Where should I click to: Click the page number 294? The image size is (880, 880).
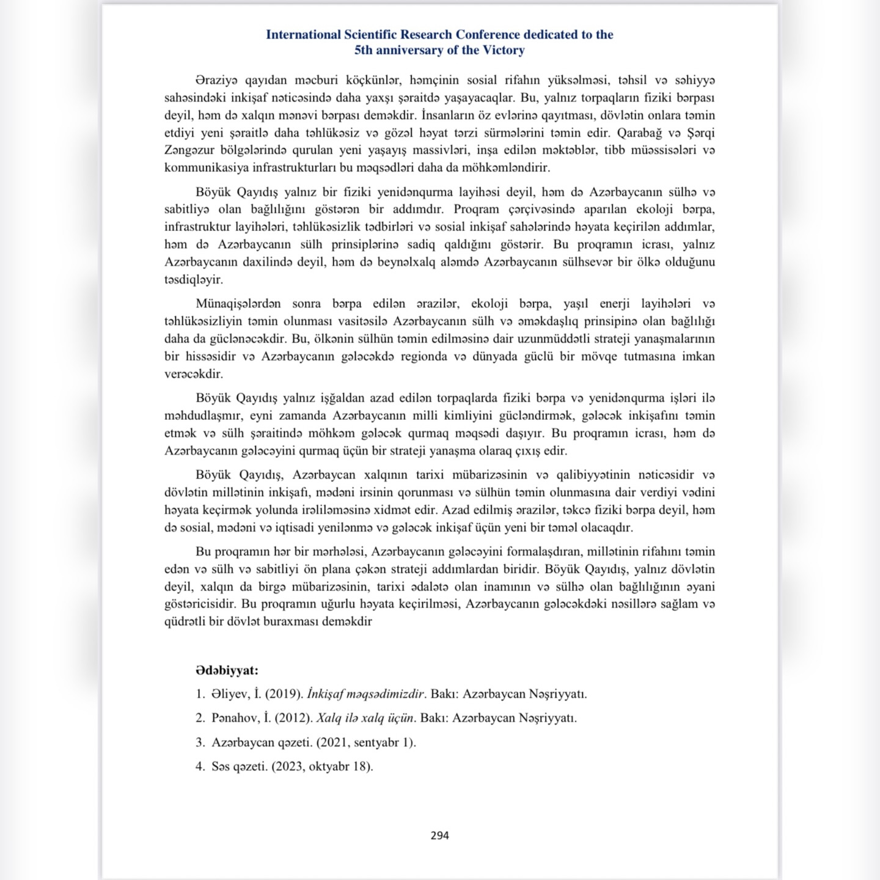pos(439,835)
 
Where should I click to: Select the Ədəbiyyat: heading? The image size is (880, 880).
pos(227,670)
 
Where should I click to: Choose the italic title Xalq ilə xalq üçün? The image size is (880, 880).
pos(365,718)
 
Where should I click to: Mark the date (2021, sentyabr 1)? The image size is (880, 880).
pos(366,743)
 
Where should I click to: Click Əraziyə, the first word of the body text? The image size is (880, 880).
pos(217,81)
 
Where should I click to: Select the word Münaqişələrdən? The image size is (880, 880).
pos(238,304)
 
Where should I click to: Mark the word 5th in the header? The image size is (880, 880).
pos(364,51)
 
